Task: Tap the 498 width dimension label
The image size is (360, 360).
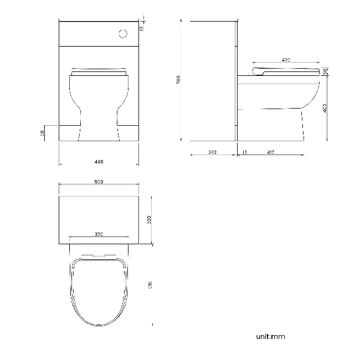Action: point(99,161)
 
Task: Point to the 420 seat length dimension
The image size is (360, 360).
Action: point(286,59)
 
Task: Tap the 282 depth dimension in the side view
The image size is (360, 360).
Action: point(212,152)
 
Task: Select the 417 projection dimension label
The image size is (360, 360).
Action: point(270,152)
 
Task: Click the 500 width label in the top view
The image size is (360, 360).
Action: point(99,182)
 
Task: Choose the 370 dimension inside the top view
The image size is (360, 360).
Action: point(99,234)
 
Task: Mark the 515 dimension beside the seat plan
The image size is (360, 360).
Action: point(150,285)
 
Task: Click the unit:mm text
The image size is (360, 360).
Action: point(270,336)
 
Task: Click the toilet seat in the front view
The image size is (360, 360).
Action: point(99,71)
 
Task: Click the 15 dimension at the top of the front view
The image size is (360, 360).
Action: point(142,27)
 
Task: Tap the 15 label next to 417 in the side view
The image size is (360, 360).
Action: point(245,152)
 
